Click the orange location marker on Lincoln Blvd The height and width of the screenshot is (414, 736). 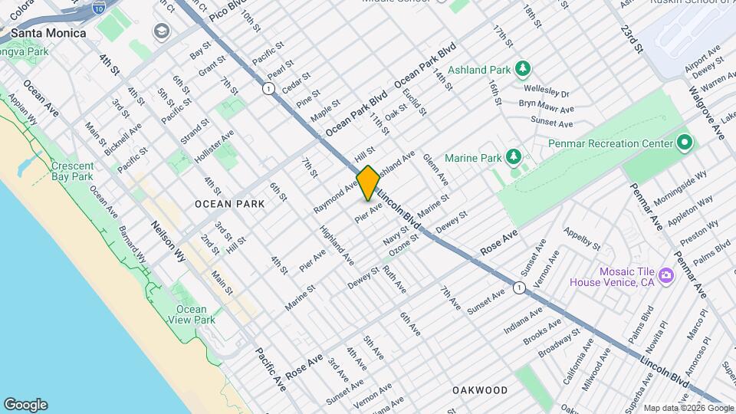point(368,183)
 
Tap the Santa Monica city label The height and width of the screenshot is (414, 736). point(48,34)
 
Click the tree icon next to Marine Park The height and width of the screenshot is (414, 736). point(513,158)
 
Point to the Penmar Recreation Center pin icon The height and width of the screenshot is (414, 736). point(685,143)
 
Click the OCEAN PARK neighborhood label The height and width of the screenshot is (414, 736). point(229,204)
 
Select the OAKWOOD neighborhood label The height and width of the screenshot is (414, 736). point(480,390)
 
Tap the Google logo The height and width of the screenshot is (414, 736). point(25,405)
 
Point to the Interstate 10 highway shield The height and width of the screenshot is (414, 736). point(97,7)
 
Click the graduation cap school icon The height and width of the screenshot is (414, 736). point(161,31)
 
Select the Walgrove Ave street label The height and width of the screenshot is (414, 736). point(706,112)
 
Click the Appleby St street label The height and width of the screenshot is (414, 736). point(581,238)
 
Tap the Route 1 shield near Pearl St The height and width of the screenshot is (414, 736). point(268,88)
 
